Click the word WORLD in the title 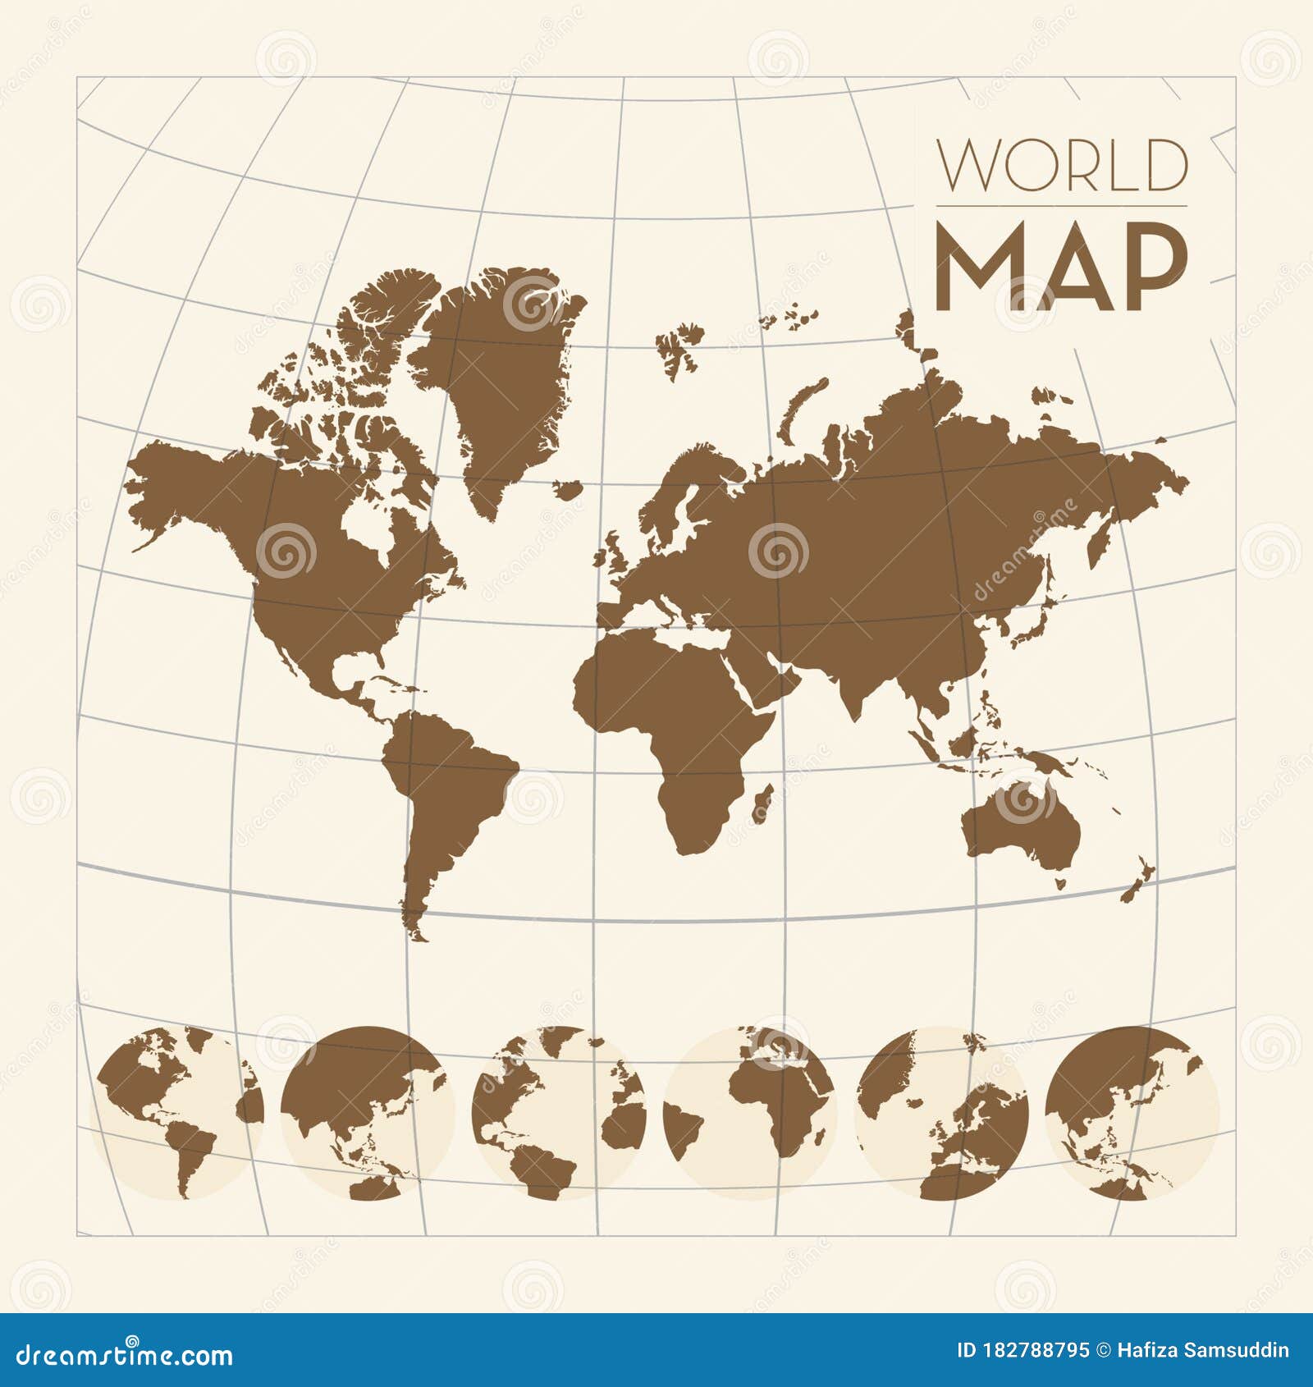pos(1063,166)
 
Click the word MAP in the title pos(1061,268)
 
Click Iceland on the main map pos(567,490)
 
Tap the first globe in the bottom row pos(176,1111)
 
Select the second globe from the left pos(367,1111)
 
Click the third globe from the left pos(559,1111)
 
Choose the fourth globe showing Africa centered pos(750,1111)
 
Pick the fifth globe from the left pos(941,1111)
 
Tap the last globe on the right pos(1132,1111)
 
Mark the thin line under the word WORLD pos(1061,206)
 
